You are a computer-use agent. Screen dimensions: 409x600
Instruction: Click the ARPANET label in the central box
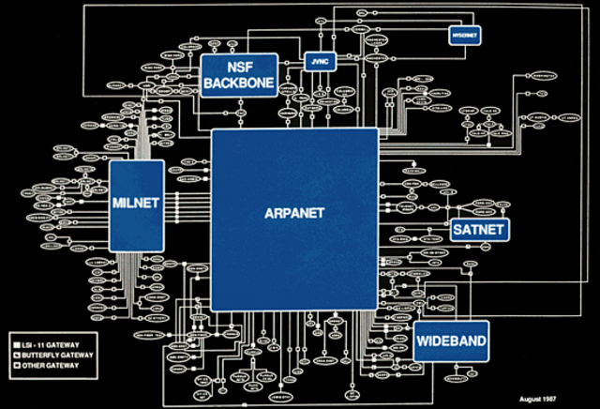pyautogui.click(x=294, y=213)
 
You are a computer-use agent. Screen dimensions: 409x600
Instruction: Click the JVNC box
pyautogui.click(x=320, y=63)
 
